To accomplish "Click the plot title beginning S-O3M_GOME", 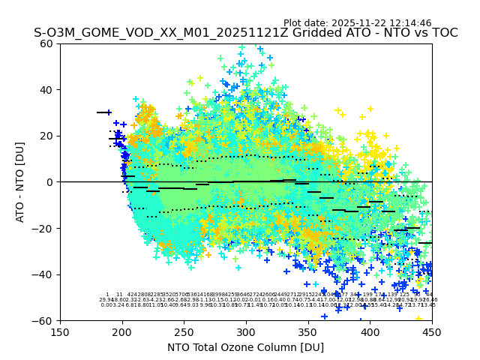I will click(245, 33).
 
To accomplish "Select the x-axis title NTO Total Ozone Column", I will click(245, 347).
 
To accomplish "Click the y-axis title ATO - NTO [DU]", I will click(20, 182).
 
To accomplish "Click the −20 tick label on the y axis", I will click(44, 228).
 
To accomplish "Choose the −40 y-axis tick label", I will click(44, 274).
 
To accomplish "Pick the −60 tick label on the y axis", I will click(44, 320).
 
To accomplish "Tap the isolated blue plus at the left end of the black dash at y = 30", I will click(109, 112).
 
